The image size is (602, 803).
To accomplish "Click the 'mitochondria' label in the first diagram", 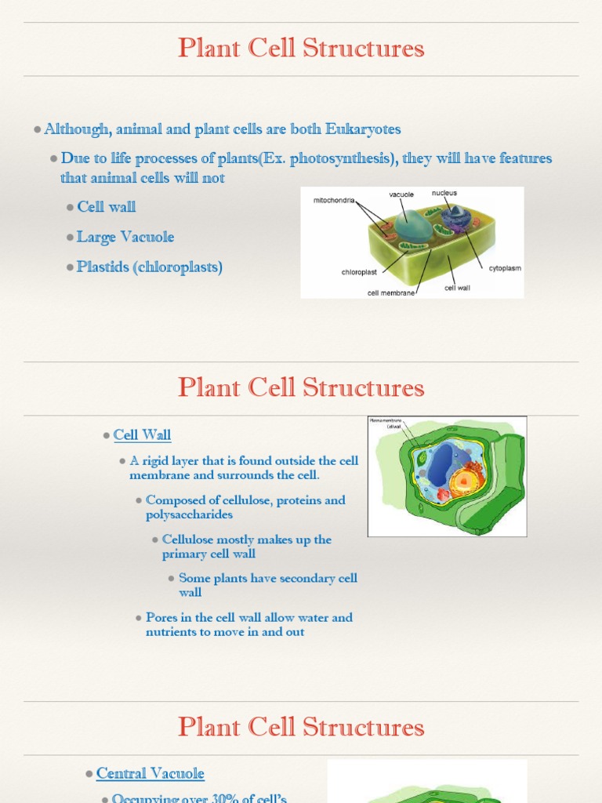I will tap(334, 200).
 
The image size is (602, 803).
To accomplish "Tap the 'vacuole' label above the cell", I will tap(401, 194).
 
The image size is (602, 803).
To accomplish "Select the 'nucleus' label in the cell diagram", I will tap(444, 193).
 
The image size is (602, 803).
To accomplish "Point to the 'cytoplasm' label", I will tap(505, 268).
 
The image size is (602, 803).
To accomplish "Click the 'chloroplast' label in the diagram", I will tap(359, 272).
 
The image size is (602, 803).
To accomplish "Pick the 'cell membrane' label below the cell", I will tap(391, 293).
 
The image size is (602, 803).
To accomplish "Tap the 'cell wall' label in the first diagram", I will tap(457, 288).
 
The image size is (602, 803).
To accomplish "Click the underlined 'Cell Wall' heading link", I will tap(142, 434).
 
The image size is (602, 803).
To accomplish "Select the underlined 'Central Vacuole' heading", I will tap(150, 773).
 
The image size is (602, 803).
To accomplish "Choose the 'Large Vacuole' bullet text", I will tap(125, 237).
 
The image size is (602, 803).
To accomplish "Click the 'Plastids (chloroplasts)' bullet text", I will tap(150, 267).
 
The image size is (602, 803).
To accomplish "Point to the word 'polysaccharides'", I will tap(189, 515).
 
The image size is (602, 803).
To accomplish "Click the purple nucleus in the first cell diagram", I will tap(453, 216).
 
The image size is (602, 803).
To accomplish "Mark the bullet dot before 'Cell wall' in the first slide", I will tap(70, 207).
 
